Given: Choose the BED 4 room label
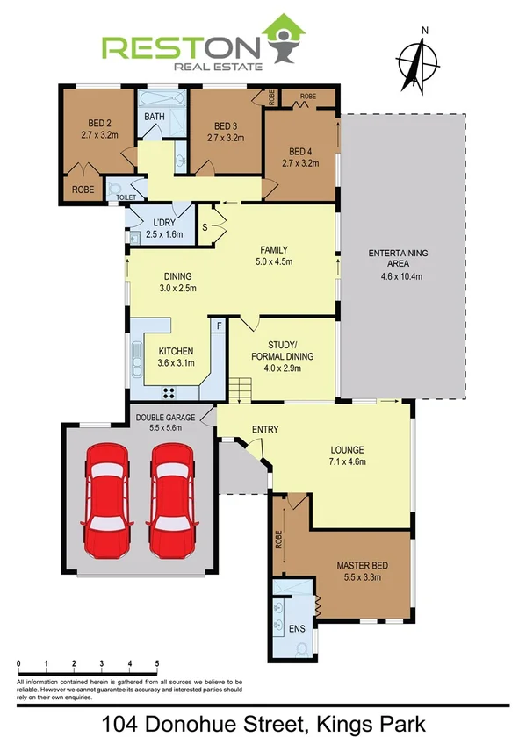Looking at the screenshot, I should (299, 150).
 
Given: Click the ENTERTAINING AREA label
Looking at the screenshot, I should (398, 259).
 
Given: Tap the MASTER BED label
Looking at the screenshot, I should (362, 566).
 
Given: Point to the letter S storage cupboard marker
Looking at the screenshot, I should (205, 228).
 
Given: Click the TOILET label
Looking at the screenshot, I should (126, 199).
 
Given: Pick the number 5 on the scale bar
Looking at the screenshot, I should (157, 664).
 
